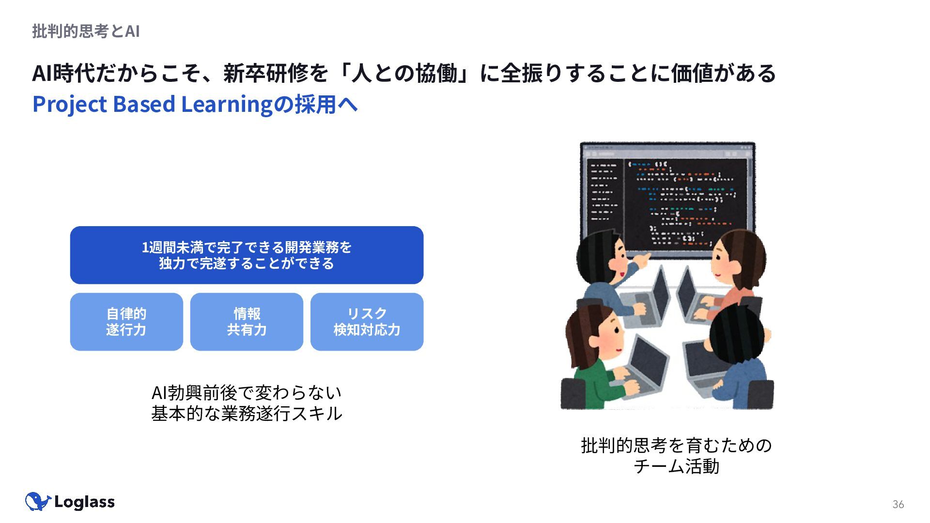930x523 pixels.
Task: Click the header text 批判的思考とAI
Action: click(x=86, y=31)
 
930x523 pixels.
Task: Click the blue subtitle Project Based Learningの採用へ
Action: click(x=195, y=104)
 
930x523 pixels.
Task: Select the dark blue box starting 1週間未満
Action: click(x=247, y=255)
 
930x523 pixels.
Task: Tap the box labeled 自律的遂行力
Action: click(x=126, y=322)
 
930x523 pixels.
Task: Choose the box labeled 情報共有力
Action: click(x=247, y=322)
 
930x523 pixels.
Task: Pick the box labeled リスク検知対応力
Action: click(x=367, y=322)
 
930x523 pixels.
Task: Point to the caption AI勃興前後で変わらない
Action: click(x=247, y=392)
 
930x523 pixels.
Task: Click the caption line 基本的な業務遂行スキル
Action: click(x=247, y=414)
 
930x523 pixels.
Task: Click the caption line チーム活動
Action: click(x=676, y=466)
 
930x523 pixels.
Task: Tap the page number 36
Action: click(x=898, y=505)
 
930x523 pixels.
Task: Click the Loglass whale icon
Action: click(x=38, y=502)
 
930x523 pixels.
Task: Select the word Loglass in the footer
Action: click(x=84, y=502)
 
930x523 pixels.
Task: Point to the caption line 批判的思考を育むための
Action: click(x=676, y=445)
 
